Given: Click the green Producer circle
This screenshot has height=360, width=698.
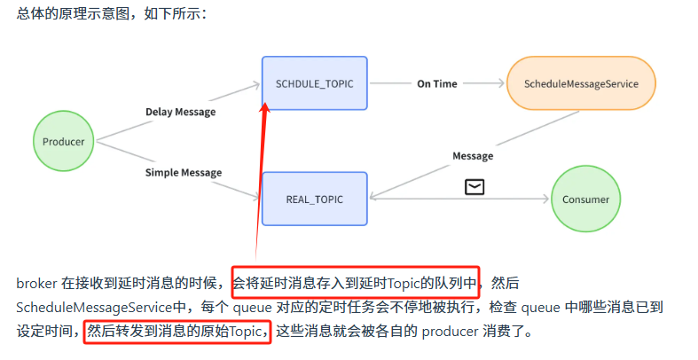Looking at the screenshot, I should [64, 142].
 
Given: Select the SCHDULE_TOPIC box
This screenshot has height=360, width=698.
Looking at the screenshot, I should [314, 83].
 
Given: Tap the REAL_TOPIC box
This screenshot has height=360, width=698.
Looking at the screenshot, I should [314, 200].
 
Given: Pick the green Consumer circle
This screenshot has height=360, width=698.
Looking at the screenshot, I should [585, 200].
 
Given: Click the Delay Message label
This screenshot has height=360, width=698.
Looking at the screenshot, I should [180, 112].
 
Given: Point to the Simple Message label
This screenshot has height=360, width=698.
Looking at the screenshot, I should [184, 172].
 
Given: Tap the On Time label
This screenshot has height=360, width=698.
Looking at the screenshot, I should [437, 83].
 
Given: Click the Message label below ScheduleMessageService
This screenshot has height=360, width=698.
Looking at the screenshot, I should [473, 156].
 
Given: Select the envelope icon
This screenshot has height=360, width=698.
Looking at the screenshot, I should [475, 186].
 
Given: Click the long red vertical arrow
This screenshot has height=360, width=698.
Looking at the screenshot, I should [261, 177].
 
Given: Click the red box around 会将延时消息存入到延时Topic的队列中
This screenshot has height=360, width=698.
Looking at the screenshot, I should [355, 283].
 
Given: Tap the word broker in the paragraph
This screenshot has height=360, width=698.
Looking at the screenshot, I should [35, 284].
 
